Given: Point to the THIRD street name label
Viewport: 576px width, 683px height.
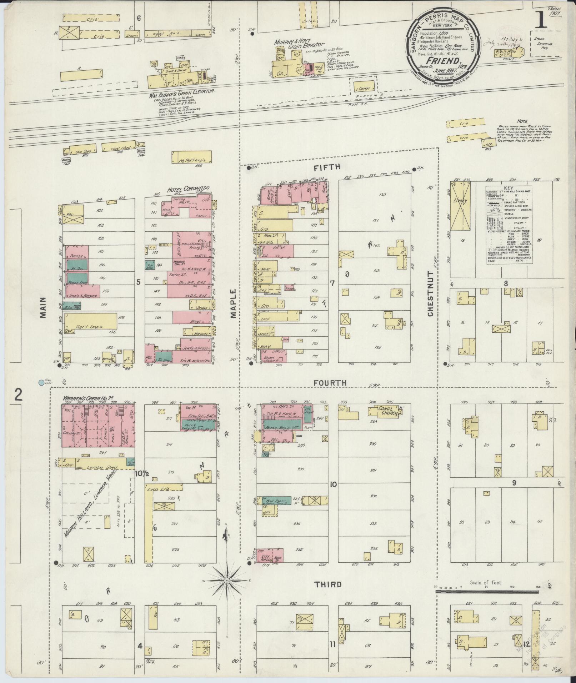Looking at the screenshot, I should (328, 584).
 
